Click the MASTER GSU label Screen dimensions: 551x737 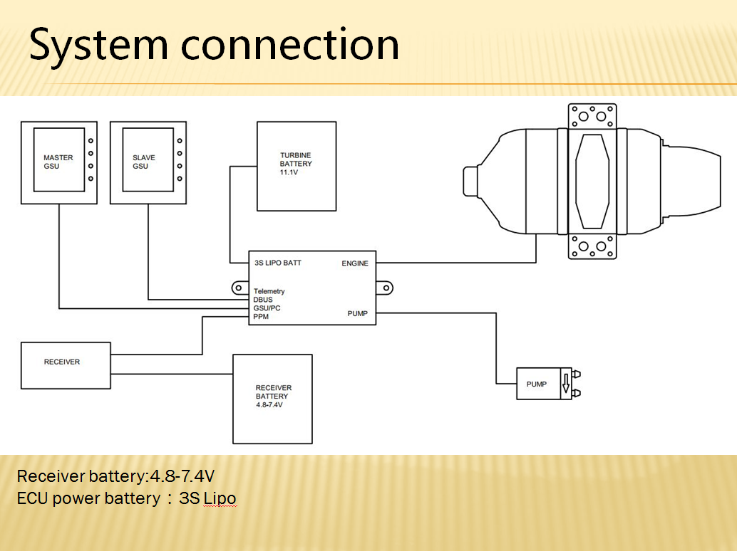click(x=58, y=162)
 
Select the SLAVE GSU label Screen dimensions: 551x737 click(x=144, y=162)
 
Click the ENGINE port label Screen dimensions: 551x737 click(x=355, y=263)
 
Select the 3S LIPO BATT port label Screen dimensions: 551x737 click(x=278, y=263)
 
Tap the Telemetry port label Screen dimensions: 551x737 click(x=269, y=291)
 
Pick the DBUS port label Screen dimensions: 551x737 click(x=263, y=300)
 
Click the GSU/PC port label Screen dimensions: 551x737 click(x=267, y=308)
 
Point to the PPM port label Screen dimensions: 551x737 click(x=261, y=317)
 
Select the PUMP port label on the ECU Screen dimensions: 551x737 click(x=358, y=314)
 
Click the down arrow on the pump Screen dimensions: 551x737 click(x=566, y=384)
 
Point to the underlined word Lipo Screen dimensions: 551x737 click(x=220, y=498)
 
